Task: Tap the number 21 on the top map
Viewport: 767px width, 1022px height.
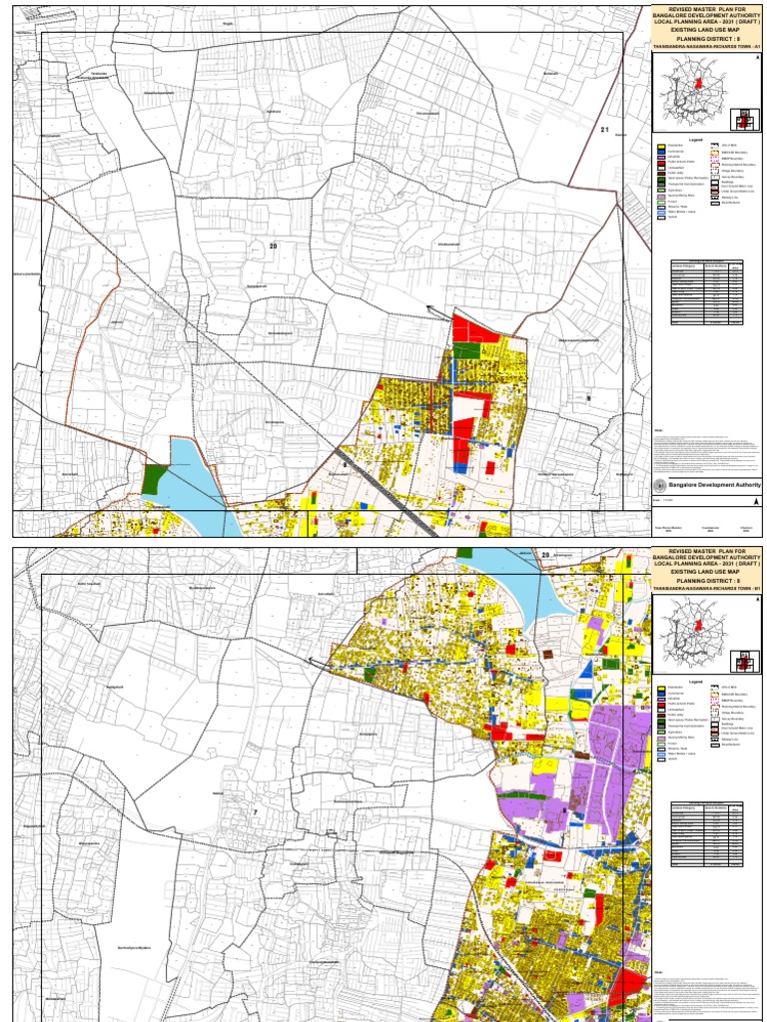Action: tap(604, 130)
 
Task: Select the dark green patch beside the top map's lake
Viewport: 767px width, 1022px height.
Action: tap(155, 478)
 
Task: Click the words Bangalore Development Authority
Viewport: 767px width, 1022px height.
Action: tap(707, 484)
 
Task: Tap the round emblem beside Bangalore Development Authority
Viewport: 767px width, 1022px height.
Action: tap(659, 484)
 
